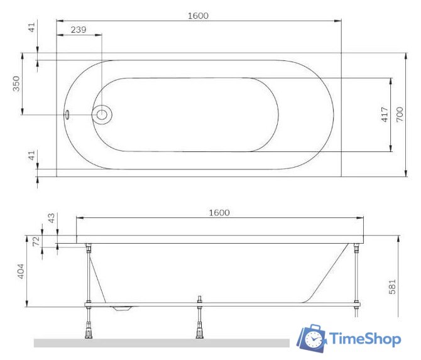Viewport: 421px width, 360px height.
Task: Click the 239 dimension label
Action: (79, 30)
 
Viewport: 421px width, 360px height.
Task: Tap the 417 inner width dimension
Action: (384, 114)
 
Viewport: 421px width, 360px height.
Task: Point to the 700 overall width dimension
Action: (399, 114)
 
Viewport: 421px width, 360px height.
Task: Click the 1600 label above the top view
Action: (198, 15)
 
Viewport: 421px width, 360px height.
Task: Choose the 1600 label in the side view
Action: (219, 212)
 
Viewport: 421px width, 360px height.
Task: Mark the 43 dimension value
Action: (52, 218)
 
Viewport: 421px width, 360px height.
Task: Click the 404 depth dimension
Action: (20, 271)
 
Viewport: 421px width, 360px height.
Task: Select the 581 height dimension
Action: (392, 286)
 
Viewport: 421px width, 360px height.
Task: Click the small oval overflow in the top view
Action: (67, 115)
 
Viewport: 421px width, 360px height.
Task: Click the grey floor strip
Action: (161, 343)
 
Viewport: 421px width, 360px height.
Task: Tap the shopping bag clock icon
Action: (312, 339)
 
